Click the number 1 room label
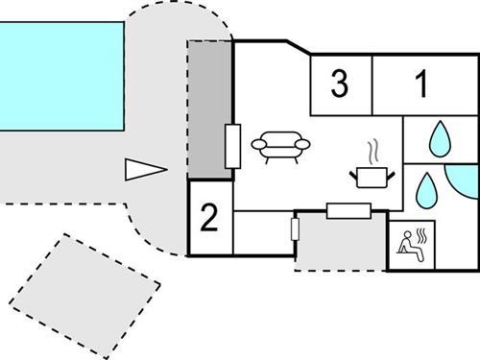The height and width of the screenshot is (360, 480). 421,84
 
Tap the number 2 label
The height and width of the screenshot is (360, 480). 209,218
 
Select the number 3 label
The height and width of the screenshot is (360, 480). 339,84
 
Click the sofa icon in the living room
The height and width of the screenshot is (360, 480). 280,145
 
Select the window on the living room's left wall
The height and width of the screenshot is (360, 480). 231,145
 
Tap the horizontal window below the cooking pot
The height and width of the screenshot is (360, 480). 349,209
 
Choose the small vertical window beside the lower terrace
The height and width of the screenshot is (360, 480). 296,228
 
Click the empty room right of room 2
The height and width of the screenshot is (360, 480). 261,232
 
